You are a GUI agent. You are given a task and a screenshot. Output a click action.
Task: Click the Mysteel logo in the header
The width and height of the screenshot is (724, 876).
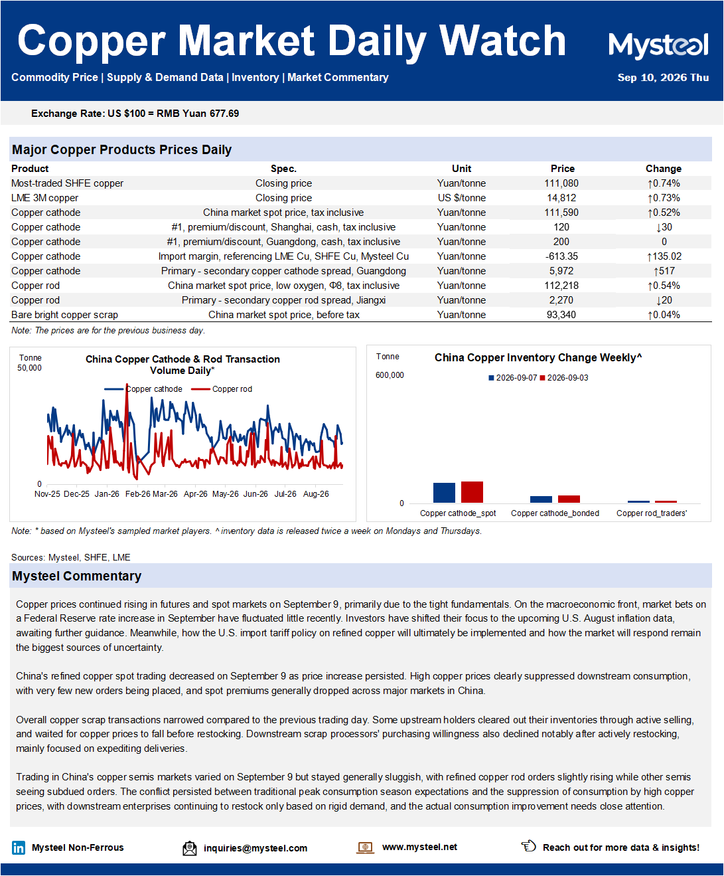click(658, 45)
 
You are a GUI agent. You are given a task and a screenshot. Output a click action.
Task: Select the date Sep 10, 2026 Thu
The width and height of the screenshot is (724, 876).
click(663, 78)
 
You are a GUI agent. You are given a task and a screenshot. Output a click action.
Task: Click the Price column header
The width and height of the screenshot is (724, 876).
click(562, 169)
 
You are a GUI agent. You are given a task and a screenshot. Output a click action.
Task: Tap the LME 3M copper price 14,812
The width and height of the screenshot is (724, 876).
click(561, 198)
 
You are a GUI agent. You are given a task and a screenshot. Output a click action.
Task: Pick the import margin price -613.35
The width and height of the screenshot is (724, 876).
click(561, 256)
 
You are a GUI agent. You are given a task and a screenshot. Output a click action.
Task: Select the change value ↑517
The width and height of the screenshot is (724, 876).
click(664, 271)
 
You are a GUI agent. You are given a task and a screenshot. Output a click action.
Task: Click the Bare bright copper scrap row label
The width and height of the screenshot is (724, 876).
click(64, 315)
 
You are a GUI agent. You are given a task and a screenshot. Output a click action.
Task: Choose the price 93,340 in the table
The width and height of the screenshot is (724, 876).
click(561, 315)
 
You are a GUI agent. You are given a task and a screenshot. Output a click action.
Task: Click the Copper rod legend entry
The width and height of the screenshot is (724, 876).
click(222, 389)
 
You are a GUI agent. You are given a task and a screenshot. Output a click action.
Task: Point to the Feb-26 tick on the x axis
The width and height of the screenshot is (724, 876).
click(138, 494)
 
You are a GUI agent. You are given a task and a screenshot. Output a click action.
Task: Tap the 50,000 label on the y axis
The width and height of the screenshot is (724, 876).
click(29, 368)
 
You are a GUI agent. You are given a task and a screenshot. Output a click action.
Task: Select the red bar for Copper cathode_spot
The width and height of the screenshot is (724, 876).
click(472, 492)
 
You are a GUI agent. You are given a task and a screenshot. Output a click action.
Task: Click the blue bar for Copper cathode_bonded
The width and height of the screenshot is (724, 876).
click(541, 499)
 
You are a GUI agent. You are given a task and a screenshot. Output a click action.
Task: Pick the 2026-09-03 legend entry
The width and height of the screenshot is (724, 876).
click(564, 378)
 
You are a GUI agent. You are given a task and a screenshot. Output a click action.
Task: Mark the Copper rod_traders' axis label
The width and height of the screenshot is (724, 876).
click(652, 513)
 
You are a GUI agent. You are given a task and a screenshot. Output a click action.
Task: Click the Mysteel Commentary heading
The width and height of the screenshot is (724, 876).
click(77, 576)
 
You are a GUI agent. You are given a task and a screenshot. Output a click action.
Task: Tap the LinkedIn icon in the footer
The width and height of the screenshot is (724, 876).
click(19, 847)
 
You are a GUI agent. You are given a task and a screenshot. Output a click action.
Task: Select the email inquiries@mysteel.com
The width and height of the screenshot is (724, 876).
click(255, 848)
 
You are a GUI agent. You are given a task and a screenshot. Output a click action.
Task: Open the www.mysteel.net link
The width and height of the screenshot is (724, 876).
click(419, 847)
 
